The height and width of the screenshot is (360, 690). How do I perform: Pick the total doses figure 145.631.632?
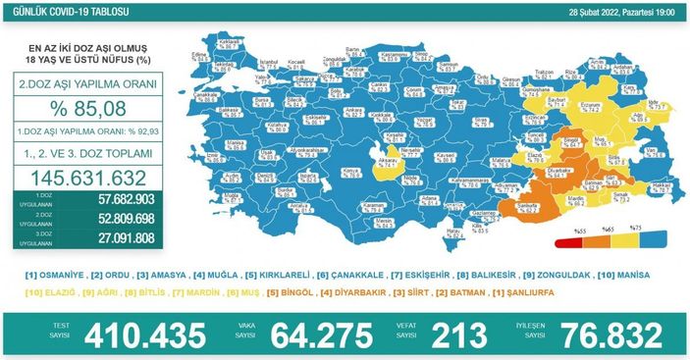(89, 179)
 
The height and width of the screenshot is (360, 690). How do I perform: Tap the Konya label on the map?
(348, 173)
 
